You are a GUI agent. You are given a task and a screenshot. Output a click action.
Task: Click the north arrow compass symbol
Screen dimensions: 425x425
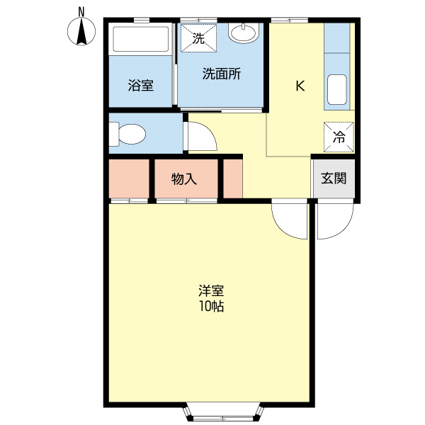click(82, 33)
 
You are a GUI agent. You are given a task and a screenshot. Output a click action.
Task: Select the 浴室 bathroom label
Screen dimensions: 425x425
click(141, 86)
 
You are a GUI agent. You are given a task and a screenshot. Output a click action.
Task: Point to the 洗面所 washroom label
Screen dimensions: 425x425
click(221, 74)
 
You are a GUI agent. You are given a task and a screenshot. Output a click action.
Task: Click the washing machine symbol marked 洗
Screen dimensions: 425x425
click(198, 38)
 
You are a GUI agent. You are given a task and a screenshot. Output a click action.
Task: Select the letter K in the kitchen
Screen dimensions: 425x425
click(300, 86)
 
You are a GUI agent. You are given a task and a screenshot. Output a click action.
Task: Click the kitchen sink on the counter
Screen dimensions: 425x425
click(338, 89)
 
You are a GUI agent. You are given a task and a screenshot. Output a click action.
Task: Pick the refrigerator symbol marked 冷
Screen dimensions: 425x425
click(339, 137)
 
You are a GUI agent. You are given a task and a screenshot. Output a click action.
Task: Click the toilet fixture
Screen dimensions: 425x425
click(129, 133)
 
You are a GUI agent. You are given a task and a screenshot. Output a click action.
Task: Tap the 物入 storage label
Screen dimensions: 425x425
click(184, 179)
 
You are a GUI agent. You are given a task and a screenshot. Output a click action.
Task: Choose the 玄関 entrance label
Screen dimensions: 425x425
click(334, 178)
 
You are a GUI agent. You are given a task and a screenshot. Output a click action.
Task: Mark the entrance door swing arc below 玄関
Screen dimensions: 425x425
click(334, 220)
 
